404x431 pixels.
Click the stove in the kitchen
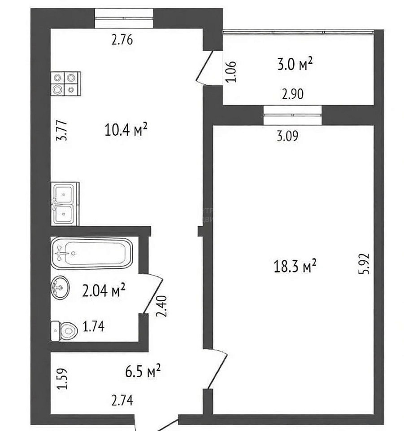[x=66, y=84]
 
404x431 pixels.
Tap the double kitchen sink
[x=65, y=204]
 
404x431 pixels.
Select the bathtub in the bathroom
[x=92, y=253]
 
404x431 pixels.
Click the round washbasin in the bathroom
[x=60, y=287]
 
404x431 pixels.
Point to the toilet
[x=64, y=331]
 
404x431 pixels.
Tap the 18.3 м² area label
[x=295, y=266]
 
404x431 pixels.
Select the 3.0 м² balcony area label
[x=295, y=64]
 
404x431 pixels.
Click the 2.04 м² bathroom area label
[x=104, y=290]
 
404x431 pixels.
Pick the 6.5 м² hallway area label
[x=143, y=371]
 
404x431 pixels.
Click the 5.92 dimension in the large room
[x=365, y=264]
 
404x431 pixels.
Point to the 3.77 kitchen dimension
[x=61, y=131]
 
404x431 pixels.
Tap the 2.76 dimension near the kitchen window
[x=122, y=40]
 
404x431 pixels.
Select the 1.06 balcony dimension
[x=230, y=71]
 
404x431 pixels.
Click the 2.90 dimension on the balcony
[x=293, y=94]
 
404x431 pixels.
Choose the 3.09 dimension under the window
[x=287, y=136]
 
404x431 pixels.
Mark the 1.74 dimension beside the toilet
[x=94, y=326]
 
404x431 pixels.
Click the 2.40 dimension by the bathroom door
[x=161, y=306]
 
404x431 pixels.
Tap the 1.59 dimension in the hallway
[x=62, y=379]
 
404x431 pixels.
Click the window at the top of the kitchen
[x=124, y=18]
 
